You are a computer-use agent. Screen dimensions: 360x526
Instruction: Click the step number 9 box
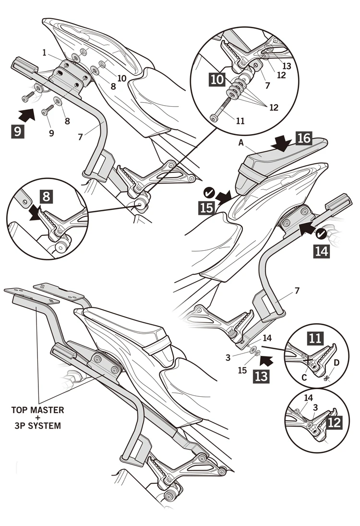point(17,131)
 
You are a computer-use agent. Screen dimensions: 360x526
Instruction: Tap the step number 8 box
point(46,196)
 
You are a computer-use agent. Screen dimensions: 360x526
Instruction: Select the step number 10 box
point(217,80)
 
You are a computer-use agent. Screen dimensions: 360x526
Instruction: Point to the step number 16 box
point(304,138)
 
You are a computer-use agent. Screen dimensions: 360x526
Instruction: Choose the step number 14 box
point(322,251)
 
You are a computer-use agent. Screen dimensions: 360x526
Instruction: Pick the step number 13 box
point(261,376)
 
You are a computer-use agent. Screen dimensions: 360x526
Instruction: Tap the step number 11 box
point(315,339)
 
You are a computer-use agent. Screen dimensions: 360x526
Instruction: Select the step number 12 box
point(334,422)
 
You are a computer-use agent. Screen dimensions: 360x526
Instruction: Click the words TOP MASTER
point(37,410)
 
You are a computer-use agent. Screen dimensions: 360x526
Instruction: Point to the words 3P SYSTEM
point(37,426)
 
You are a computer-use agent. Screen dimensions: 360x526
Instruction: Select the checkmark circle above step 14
point(321,234)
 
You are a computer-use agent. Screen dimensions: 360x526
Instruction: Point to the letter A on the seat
point(241,143)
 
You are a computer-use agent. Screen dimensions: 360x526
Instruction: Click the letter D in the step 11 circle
point(337,363)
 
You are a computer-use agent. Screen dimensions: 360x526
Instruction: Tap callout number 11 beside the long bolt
point(240,121)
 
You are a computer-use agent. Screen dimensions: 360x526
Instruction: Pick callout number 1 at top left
point(44,53)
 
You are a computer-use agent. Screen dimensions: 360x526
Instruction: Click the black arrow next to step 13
point(267,361)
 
